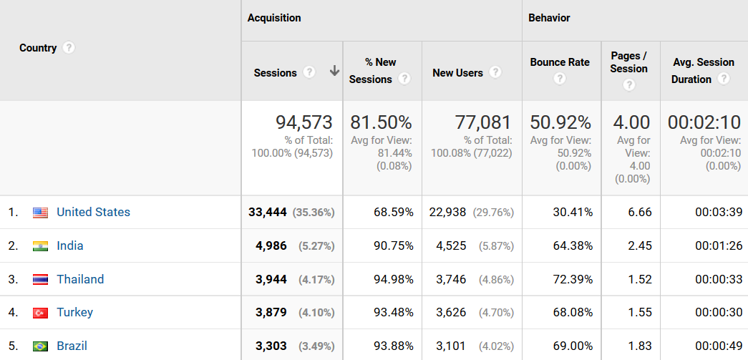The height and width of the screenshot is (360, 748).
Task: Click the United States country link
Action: (x=93, y=212)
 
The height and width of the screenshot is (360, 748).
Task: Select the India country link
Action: (x=70, y=245)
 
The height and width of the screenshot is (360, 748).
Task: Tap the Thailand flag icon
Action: (x=40, y=279)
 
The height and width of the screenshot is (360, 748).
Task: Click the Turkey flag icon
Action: (x=40, y=313)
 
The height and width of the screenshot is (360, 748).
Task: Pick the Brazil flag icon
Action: (x=40, y=346)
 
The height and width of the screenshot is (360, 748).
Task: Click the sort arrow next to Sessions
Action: (x=334, y=72)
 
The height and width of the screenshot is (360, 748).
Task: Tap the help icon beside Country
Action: (x=69, y=48)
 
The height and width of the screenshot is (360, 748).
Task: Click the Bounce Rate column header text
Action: (x=560, y=62)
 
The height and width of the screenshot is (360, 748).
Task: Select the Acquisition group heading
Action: (x=274, y=18)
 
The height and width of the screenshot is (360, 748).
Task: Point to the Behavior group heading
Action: (x=549, y=18)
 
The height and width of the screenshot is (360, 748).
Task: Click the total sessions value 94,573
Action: (x=304, y=122)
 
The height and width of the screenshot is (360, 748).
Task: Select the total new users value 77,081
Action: (x=483, y=122)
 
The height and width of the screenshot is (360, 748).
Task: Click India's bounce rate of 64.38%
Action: (x=572, y=245)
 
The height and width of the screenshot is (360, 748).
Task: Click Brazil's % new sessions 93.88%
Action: (x=393, y=346)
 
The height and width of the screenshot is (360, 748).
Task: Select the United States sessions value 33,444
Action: (x=268, y=212)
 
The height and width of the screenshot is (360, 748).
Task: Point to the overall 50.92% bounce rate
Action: (x=560, y=122)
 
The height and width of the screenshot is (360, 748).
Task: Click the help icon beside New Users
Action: (x=495, y=72)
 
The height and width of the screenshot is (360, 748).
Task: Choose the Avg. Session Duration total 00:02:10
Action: (x=704, y=122)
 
